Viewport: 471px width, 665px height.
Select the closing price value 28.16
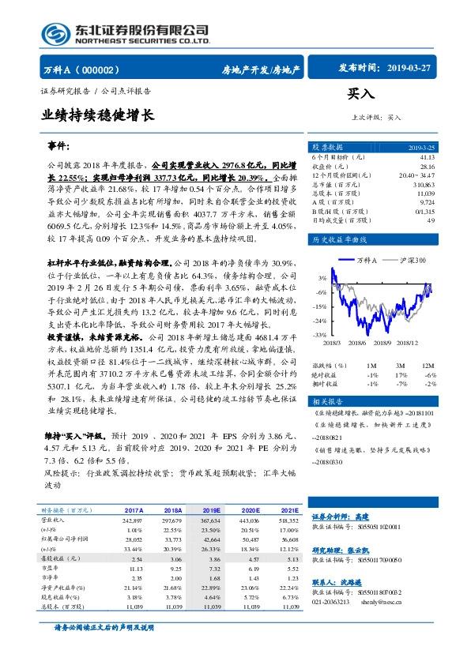click(427, 167)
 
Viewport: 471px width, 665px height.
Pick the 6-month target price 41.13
click(427, 158)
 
